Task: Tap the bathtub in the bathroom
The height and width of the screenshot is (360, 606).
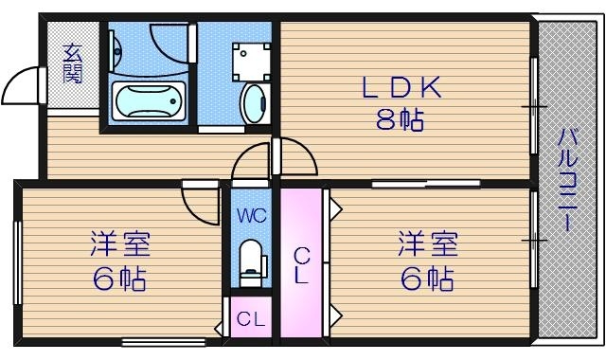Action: coord(148,99)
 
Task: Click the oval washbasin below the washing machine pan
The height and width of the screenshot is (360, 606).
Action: coord(253,103)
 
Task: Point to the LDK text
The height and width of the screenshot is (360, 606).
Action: coord(401,88)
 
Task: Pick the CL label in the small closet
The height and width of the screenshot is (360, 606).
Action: coord(250,319)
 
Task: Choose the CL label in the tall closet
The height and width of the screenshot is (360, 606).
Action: coord(300,265)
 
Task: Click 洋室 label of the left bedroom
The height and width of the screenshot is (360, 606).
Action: coord(120,243)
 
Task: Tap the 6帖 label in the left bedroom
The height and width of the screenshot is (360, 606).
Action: coord(120,279)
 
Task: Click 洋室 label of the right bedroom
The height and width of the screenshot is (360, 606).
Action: coord(427,243)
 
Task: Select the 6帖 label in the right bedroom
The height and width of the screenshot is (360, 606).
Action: coord(427,279)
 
